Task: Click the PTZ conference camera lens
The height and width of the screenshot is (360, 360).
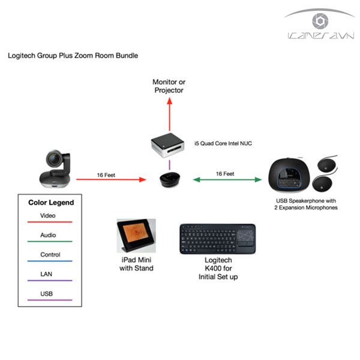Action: point(55,159)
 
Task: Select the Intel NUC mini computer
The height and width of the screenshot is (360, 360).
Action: point(167,145)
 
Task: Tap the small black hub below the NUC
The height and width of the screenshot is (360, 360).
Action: point(170,179)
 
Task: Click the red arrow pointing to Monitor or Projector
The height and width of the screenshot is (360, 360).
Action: point(169,114)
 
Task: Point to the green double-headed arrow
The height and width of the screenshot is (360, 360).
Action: point(227,179)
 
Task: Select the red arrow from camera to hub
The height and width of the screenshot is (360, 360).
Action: point(111,179)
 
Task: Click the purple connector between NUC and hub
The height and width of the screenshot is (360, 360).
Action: point(169,165)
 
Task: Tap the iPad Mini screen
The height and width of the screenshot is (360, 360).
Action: point(136,233)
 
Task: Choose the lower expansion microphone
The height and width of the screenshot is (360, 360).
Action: point(322,184)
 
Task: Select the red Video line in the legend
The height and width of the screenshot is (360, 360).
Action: point(50,222)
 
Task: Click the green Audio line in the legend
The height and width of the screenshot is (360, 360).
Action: point(50,242)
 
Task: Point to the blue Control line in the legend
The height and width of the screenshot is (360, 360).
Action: point(50,261)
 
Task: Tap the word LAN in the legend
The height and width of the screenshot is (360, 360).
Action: point(46,274)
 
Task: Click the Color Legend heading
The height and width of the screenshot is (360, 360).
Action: point(51,203)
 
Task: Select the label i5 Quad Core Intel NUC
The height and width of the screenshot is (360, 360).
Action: point(223,143)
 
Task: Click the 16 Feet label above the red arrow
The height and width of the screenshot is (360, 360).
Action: point(106,175)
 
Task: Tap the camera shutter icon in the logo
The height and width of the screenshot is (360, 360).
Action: point(320,21)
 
